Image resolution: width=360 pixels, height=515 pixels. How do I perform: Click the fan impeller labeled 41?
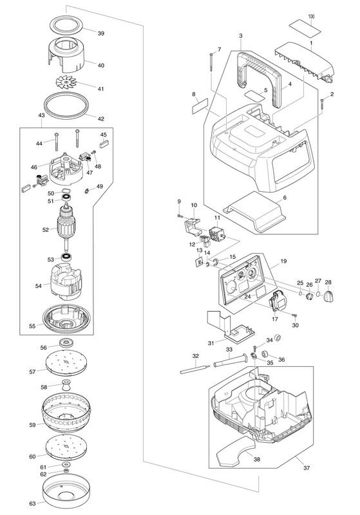pos(66,82)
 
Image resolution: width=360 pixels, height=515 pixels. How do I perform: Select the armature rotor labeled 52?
pos(66,226)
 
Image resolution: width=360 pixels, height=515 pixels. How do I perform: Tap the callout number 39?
pos(101,33)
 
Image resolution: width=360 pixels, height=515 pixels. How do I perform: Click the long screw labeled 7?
pos(211,62)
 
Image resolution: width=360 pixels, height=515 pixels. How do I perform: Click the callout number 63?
pos(32,503)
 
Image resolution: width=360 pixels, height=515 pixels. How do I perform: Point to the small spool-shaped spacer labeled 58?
pos(67,387)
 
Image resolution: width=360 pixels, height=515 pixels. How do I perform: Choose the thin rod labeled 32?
pos(195,368)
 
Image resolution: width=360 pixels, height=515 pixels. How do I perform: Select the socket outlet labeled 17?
pos(276,299)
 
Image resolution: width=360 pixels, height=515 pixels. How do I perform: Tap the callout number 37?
pos(306,468)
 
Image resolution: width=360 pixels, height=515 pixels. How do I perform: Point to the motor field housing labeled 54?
pos(68,283)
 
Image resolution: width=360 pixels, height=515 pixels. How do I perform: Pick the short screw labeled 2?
pos(322,106)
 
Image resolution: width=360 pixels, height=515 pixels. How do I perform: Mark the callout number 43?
pos(42,115)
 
